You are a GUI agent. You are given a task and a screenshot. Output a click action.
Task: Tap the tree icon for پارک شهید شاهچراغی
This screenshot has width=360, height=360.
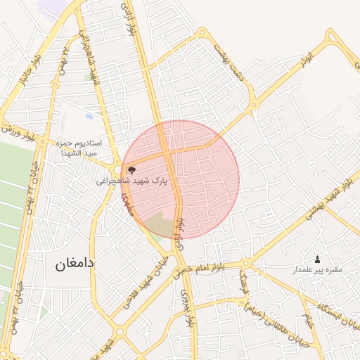pos(131,169)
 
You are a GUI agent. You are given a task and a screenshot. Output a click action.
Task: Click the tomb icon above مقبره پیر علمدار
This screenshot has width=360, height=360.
pos(317,259)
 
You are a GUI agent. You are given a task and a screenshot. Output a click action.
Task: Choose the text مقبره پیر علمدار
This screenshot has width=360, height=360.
pos(317,270)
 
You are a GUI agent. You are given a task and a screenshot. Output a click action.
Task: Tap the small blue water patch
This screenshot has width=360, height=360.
pos(89,115)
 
